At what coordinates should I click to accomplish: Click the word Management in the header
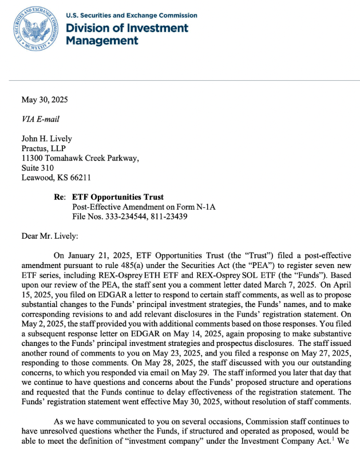coord(102,41)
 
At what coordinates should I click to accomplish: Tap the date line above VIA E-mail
coord(44,100)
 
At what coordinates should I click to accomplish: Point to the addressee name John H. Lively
coord(48,139)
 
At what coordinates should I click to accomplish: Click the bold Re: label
coord(60,197)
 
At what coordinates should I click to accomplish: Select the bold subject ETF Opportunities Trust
coord(118,197)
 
